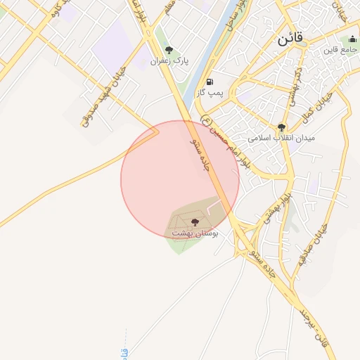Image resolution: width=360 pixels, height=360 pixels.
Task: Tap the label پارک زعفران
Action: click(168, 61)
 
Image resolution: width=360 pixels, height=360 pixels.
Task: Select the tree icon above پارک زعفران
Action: click(168, 50)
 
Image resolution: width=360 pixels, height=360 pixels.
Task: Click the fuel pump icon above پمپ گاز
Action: click(210, 82)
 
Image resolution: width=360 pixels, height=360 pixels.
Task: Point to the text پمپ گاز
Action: click(210, 93)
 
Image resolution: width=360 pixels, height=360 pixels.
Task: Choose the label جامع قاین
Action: click(340, 51)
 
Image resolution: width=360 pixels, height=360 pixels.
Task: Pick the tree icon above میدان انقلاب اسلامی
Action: click(282, 127)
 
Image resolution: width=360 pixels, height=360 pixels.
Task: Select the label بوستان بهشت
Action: click(195, 233)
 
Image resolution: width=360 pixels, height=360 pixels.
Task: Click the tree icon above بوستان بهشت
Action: click(195, 222)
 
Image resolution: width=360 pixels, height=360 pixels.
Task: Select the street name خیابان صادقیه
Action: click(320, 242)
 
